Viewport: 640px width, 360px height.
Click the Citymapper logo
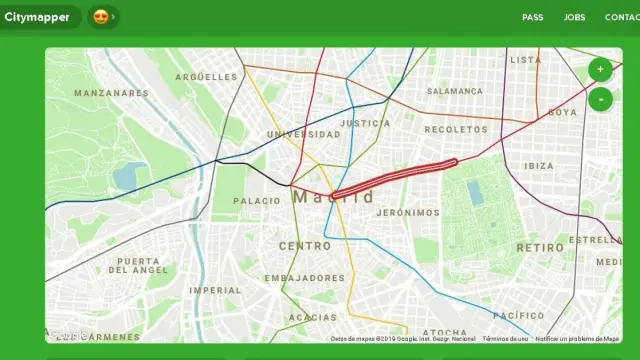37,17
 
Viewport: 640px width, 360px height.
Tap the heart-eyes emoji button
101,17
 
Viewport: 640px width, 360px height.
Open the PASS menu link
532,18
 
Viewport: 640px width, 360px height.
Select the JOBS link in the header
574,18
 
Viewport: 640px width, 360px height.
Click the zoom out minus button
599,99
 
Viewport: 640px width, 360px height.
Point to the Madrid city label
334,197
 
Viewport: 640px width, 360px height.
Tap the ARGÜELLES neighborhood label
206,76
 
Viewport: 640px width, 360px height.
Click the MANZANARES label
111,93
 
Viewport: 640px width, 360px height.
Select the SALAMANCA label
455,91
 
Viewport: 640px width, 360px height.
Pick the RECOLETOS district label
456,129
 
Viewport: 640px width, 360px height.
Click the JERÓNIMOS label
408,213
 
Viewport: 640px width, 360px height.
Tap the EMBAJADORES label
306,278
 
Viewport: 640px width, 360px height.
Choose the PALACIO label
257,201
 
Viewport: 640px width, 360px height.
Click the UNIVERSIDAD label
303,134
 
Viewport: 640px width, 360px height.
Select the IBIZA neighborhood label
538,166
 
